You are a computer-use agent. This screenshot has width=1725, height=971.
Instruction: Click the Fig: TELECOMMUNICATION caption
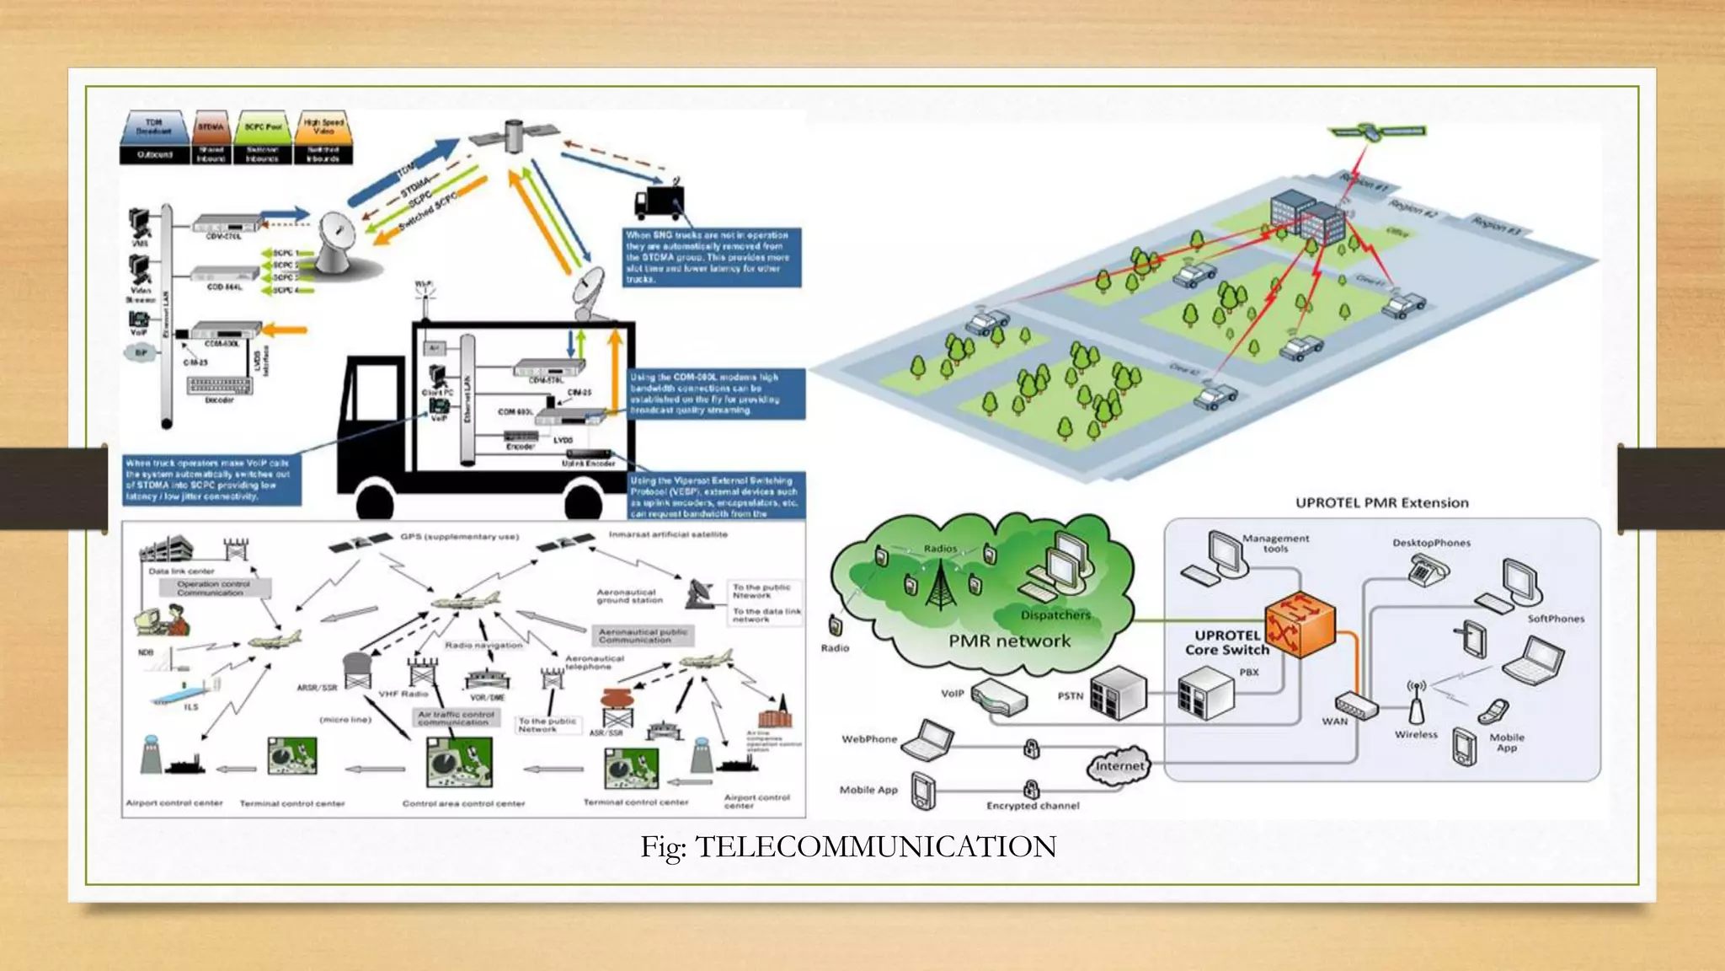(848, 846)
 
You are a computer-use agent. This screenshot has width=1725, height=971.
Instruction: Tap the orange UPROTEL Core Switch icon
(1300, 625)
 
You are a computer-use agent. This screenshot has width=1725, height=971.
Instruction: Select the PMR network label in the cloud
(1009, 641)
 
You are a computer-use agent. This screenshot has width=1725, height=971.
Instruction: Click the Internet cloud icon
(1119, 765)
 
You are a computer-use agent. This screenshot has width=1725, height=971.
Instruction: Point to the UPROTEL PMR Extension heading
(1381, 503)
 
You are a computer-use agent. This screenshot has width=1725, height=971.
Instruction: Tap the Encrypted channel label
(1033, 806)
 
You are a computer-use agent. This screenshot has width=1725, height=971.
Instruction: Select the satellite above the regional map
(1376, 132)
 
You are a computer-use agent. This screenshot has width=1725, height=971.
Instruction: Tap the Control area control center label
(463, 803)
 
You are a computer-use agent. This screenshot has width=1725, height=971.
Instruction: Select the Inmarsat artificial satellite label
(668, 534)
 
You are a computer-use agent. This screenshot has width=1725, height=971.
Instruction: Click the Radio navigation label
(483, 646)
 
